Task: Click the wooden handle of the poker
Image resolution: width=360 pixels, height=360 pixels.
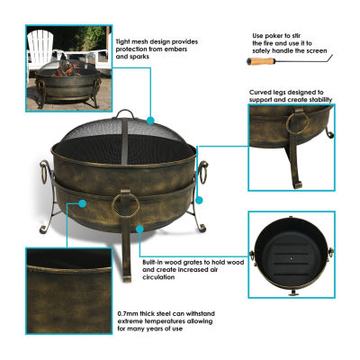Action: pyautogui.click(x=262, y=61)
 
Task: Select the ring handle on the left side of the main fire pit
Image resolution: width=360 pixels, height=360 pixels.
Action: pyautogui.click(x=44, y=172)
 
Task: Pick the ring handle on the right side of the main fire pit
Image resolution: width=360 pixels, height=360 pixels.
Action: pyautogui.click(x=203, y=172)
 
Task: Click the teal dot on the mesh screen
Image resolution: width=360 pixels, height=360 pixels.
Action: pyautogui.click(x=150, y=121)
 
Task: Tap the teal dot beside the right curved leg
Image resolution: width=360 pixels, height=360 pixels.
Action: pyautogui.click(x=199, y=200)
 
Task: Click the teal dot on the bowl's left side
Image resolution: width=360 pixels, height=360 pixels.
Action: pyautogui.click(x=83, y=203)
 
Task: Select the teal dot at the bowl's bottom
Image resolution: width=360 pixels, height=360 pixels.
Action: pyautogui.click(x=139, y=229)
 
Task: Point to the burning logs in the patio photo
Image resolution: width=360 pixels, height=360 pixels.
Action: pyautogui.click(x=66, y=70)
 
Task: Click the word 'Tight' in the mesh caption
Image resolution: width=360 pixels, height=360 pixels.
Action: pyautogui.click(x=124, y=41)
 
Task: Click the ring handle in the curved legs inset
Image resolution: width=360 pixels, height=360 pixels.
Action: pyautogui.click(x=297, y=123)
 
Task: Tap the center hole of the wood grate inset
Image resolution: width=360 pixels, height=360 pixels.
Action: pyautogui.click(x=291, y=257)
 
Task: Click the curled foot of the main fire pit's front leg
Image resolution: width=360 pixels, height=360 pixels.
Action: pyautogui.click(x=127, y=277)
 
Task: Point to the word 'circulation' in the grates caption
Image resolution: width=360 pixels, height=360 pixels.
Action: pyautogui.click(x=158, y=277)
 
